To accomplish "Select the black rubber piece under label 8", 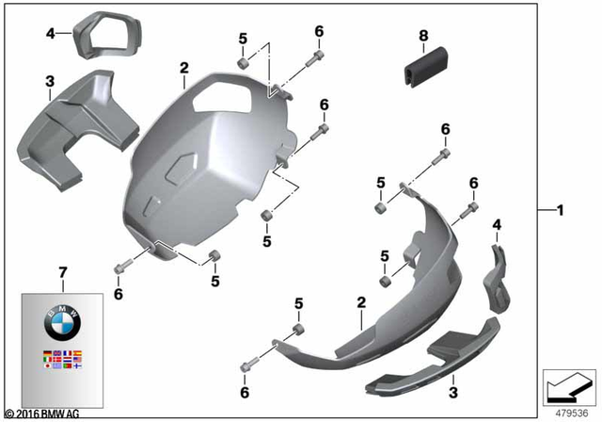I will pyautogui.click(x=421, y=63).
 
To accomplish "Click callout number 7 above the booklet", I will pyautogui.click(x=63, y=274).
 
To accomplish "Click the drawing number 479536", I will pyautogui.click(x=566, y=412).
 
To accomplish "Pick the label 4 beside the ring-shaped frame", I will pyautogui.click(x=51, y=34).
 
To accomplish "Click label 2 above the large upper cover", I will pyautogui.click(x=184, y=68).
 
